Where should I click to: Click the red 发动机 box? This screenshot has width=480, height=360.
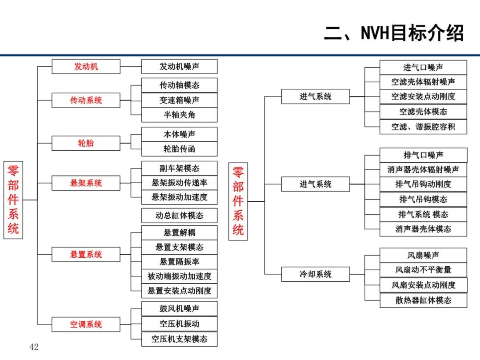(x=86, y=66)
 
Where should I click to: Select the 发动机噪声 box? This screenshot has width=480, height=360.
(x=180, y=66)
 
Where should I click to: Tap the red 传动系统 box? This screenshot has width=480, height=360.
(x=86, y=100)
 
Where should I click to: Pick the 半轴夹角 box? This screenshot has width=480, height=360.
(x=180, y=115)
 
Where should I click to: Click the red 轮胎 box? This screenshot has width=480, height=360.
(x=86, y=143)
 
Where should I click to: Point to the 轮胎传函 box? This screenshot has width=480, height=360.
(x=180, y=149)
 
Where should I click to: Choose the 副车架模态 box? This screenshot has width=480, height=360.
(x=180, y=168)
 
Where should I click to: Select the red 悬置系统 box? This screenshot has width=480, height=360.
(x=86, y=254)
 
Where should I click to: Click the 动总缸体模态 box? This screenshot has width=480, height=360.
(x=180, y=216)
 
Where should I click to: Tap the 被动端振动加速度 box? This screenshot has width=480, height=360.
(x=180, y=276)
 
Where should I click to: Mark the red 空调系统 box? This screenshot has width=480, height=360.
(x=86, y=324)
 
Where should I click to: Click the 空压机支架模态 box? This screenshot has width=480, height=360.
(x=180, y=339)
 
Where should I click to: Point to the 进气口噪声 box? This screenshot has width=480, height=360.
(x=424, y=68)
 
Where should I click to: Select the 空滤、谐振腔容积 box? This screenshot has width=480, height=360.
(x=424, y=127)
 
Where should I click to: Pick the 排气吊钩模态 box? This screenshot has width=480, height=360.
(x=424, y=199)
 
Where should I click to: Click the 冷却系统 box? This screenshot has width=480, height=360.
(x=316, y=274)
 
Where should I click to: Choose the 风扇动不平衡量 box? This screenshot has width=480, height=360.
(x=424, y=270)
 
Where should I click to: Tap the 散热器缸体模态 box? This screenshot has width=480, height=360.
(x=424, y=300)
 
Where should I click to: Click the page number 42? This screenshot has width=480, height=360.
(x=34, y=347)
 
